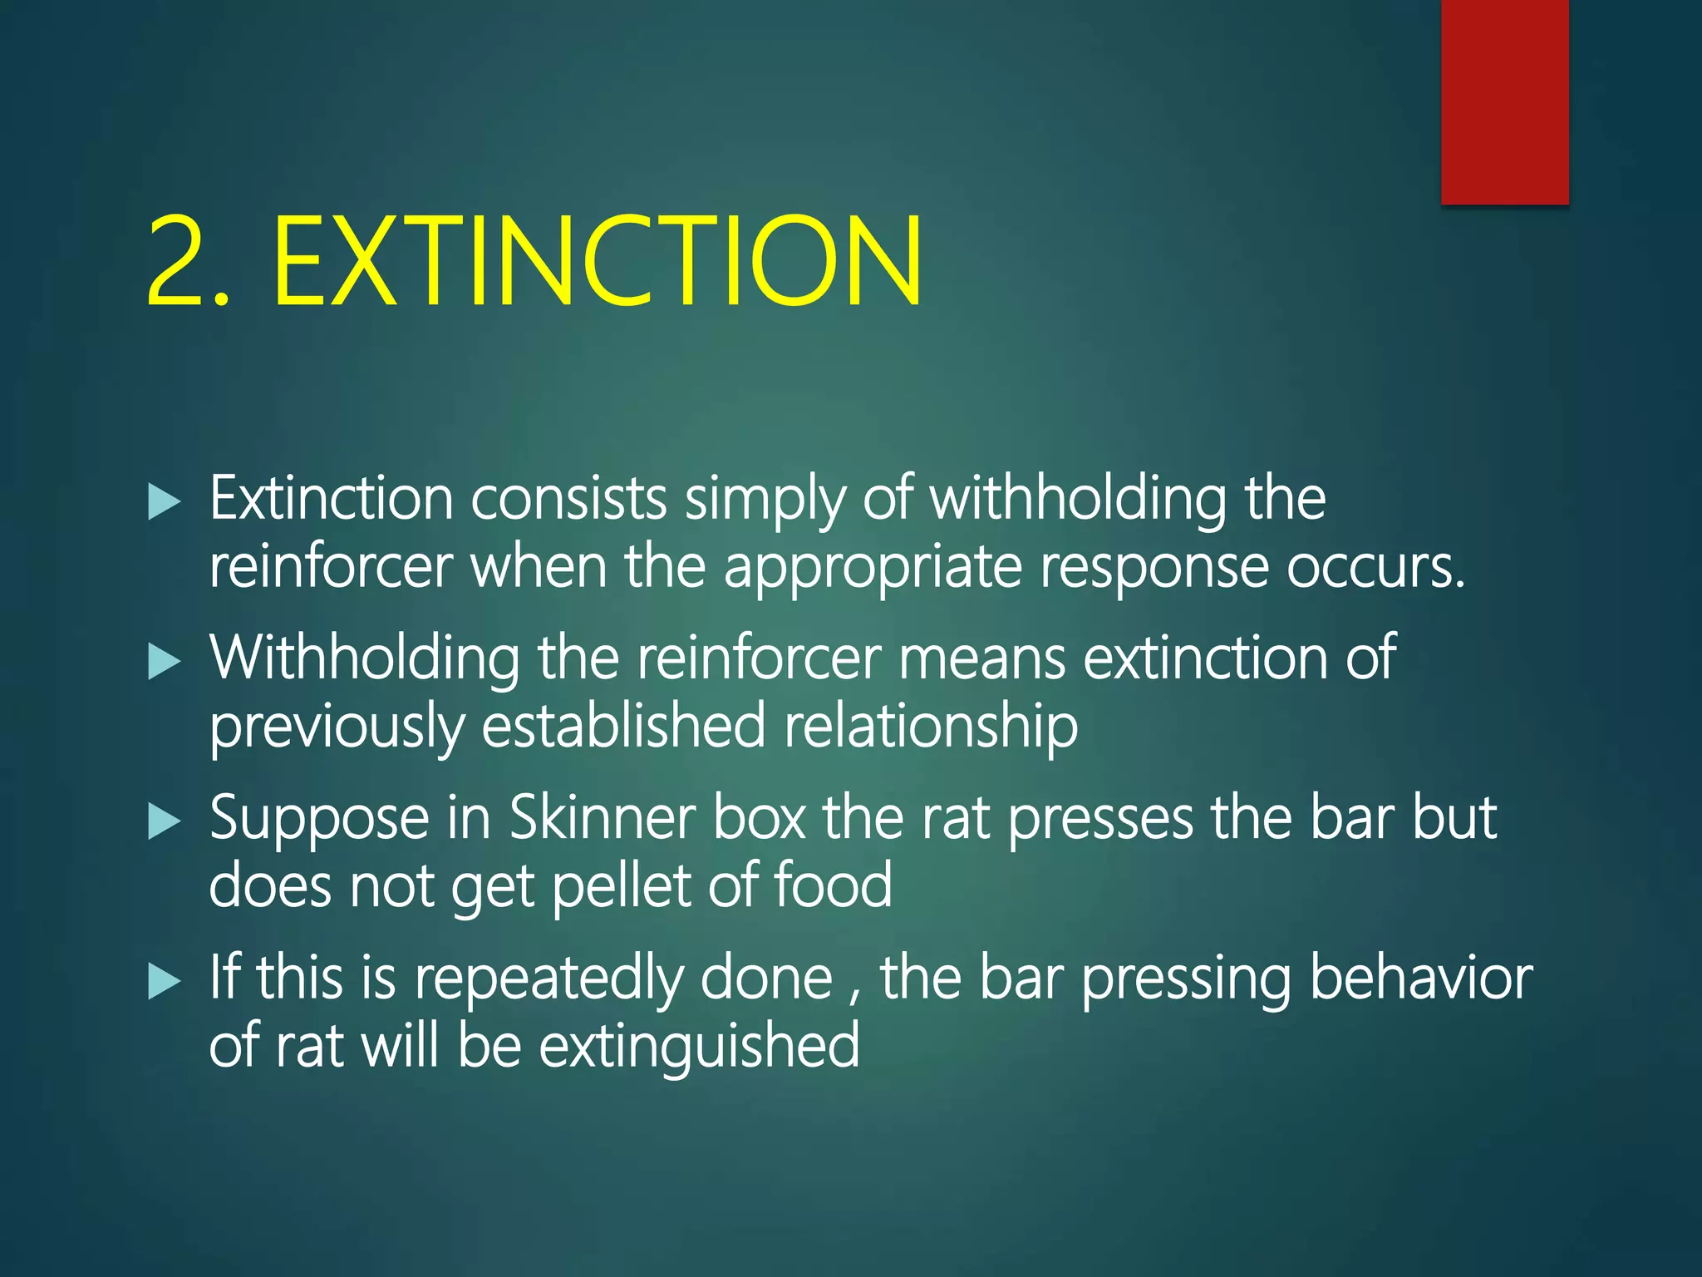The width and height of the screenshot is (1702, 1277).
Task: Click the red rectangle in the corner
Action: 1504,101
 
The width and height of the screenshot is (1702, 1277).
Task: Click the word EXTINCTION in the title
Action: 597,261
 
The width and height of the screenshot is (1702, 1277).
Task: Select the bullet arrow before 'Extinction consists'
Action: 164,502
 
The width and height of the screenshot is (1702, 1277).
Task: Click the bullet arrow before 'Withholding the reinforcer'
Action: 164,662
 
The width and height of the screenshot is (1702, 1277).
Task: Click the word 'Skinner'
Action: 602,818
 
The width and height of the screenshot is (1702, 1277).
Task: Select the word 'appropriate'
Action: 872,569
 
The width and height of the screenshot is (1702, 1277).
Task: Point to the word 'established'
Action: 623,725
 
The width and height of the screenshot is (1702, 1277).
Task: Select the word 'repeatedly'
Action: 548,979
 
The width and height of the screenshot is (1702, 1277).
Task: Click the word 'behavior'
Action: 1421,978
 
